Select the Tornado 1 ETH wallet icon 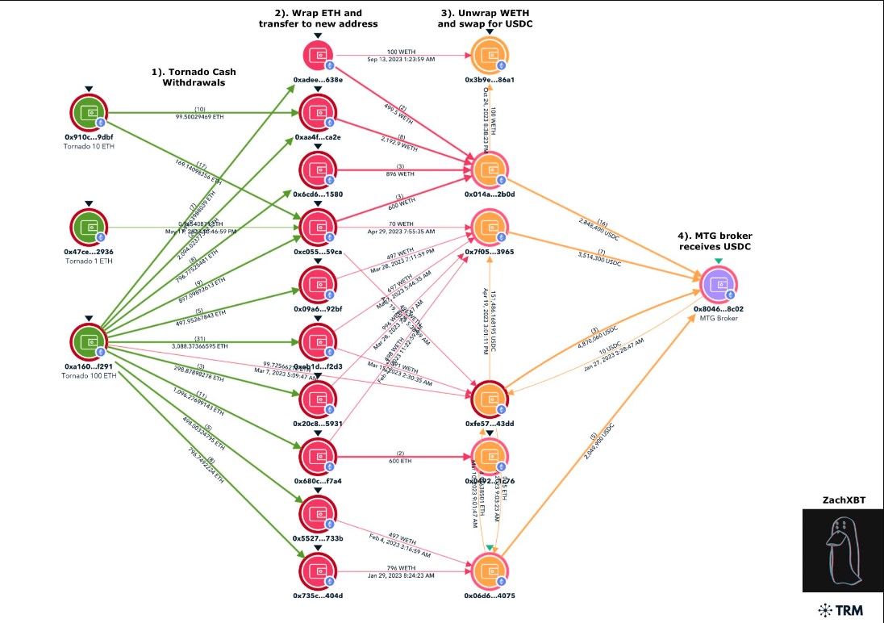click(x=90, y=228)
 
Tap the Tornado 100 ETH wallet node click(x=90, y=343)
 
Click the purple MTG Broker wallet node click(x=719, y=284)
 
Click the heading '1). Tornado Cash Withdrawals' click(x=199, y=77)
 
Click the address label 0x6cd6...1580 click(x=318, y=194)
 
